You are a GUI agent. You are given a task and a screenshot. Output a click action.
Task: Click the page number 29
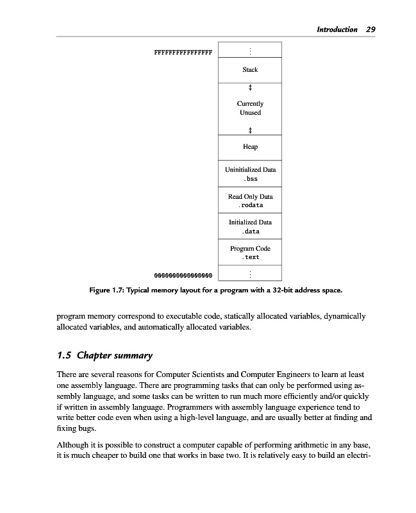370,29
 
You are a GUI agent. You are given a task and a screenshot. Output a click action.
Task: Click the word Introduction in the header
337,29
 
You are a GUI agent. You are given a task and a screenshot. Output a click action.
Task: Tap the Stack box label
250,69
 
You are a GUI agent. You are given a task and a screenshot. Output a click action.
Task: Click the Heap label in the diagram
250,147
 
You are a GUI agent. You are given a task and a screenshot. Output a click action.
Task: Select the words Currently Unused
250,108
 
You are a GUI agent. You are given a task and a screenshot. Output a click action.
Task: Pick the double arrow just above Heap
250,130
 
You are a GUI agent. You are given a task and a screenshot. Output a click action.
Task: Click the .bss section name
250,179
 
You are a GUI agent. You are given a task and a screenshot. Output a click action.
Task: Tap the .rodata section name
250,205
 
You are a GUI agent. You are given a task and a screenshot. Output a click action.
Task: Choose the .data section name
250,231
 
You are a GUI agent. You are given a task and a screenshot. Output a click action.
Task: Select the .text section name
250,257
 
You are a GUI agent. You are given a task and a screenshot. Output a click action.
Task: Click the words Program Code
250,248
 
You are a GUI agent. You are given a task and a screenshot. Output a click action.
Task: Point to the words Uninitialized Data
250,170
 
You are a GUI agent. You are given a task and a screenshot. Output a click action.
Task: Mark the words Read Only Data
250,196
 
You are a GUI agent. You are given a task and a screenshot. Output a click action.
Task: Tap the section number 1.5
64,355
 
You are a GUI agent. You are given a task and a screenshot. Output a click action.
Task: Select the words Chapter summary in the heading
115,355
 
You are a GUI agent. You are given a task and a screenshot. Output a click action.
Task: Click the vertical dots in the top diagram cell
250,50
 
